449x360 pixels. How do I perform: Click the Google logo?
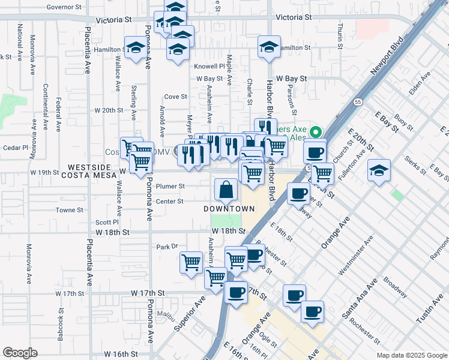pyautogui.click(x=20, y=352)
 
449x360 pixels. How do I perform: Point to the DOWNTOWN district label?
pyautogui.click(x=228, y=209)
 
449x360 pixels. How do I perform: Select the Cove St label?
pyautogui.click(x=176, y=97)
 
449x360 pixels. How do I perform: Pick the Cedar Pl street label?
pyautogui.click(x=16, y=147)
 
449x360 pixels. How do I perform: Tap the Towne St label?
pyautogui.click(x=69, y=210)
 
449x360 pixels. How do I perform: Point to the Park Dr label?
pyautogui.click(x=167, y=247)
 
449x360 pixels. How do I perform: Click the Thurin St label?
pyautogui.click(x=340, y=36)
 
